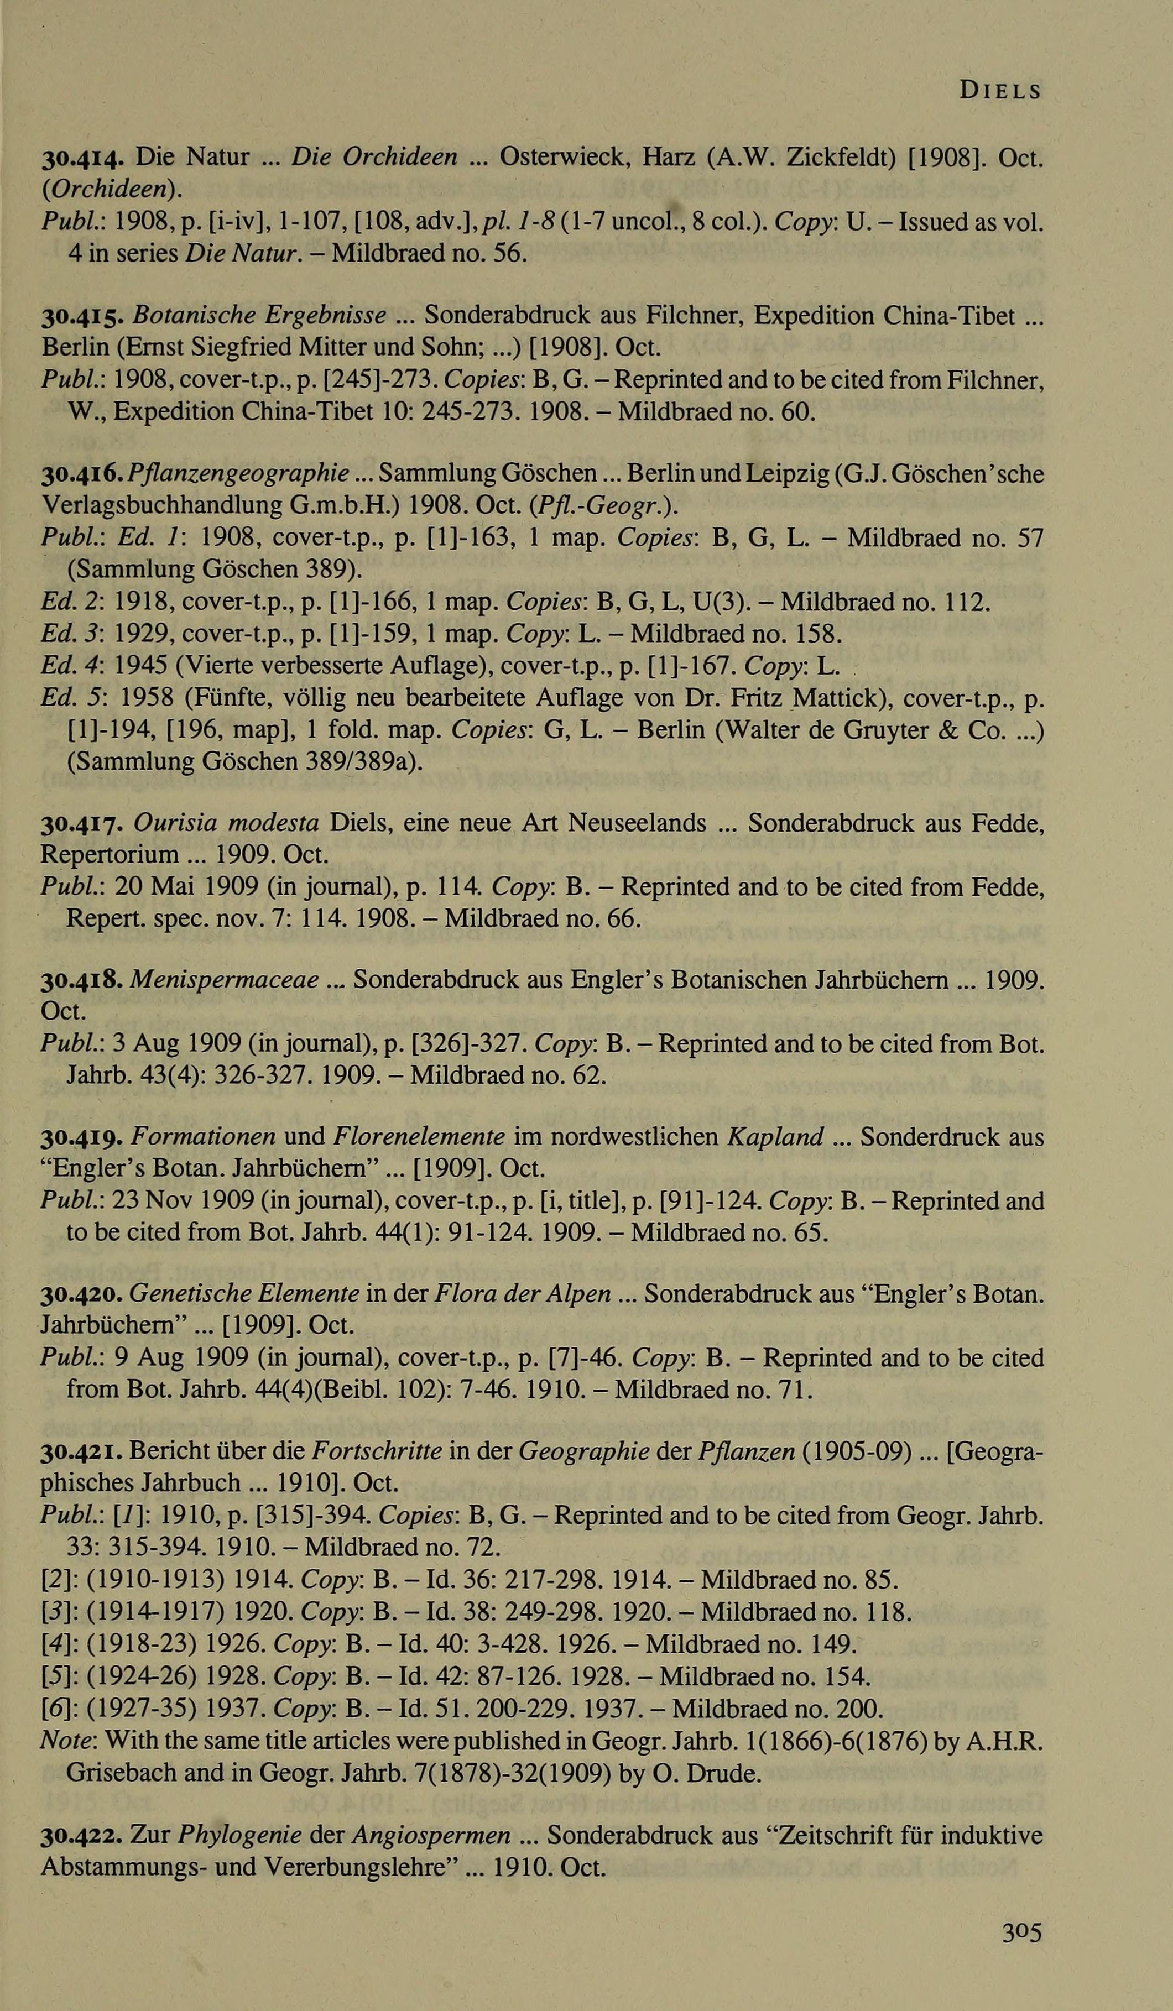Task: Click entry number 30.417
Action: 81,823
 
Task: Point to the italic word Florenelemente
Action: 419,1136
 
